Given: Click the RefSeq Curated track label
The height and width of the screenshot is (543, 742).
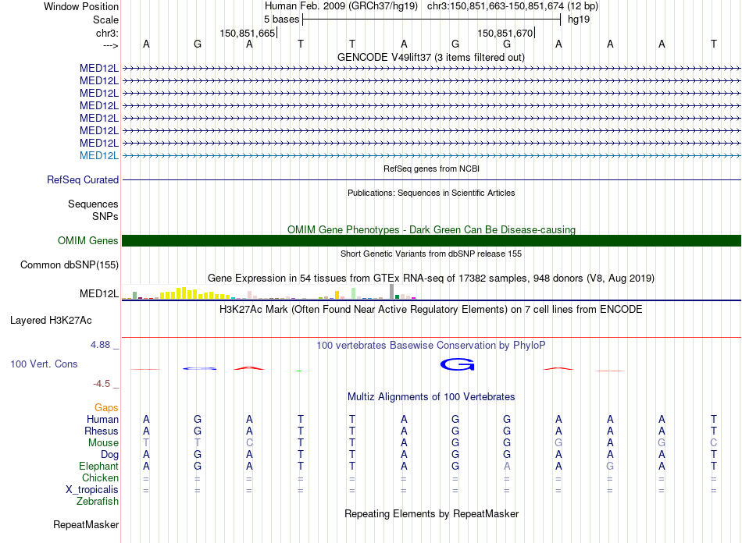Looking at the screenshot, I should click(83, 179).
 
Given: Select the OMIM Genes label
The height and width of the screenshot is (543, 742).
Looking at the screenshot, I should click(88, 241).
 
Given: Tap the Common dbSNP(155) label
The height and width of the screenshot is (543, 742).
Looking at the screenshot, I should click(70, 265).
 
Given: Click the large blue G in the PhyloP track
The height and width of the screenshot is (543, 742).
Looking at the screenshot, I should click(457, 364).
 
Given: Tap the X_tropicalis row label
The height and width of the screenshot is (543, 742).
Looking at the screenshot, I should click(92, 489).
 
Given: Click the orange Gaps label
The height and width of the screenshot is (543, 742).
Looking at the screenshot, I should click(106, 407).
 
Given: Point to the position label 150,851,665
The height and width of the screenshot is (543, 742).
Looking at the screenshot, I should click(248, 34).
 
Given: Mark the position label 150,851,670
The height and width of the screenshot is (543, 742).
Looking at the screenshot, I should click(505, 34).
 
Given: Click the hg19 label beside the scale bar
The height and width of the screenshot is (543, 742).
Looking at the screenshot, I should click(579, 19).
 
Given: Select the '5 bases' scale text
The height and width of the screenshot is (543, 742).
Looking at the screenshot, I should click(281, 19).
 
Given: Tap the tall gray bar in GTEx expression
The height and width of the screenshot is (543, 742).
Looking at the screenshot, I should click(391, 291).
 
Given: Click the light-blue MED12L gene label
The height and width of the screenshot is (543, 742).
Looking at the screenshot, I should click(99, 155).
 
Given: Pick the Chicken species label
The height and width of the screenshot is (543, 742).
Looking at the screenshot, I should click(101, 477).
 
